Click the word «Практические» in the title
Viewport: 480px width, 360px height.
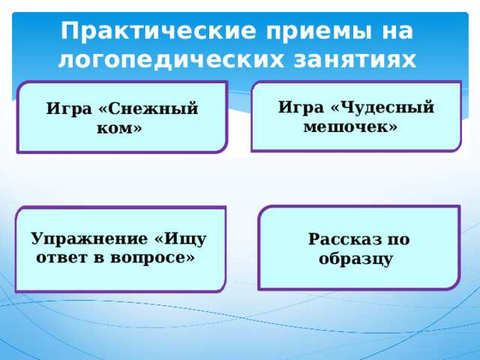point(158,31)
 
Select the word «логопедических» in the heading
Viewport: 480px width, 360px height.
point(171,61)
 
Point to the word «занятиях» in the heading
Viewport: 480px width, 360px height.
point(355,60)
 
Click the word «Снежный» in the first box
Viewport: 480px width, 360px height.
point(148,109)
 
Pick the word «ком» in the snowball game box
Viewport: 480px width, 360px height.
point(119,128)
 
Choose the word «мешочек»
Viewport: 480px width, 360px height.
point(350,127)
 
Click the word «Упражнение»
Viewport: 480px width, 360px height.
point(89,239)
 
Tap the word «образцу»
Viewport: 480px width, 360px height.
point(355,259)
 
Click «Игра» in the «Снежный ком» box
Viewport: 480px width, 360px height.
point(69,109)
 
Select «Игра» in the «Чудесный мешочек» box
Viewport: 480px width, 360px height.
point(301,108)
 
